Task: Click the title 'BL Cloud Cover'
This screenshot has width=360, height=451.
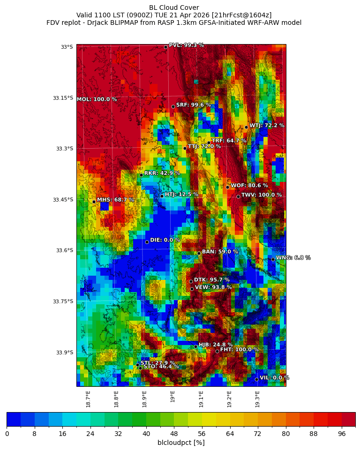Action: (174, 8)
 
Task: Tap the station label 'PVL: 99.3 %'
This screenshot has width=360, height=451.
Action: (186, 45)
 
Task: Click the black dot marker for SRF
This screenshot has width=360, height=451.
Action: (173, 106)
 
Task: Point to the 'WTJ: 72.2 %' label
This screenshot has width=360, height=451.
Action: (267, 126)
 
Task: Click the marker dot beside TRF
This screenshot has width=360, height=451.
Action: (209, 143)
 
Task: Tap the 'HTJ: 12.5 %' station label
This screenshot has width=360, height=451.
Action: (181, 194)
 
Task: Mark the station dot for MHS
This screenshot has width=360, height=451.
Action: (94, 202)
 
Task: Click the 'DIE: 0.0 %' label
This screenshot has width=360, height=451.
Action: (165, 240)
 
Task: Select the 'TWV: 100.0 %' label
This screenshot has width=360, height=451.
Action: (262, 195)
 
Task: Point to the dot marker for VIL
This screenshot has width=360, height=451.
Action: (256, 379)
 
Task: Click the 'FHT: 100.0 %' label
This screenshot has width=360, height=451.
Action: (239, 349)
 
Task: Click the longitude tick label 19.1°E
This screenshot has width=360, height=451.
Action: (201, 398)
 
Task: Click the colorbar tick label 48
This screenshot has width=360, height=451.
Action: (174, 434)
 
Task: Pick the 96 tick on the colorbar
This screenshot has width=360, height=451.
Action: (341, 434)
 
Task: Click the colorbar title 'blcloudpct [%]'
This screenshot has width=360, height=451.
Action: (181, 443)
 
